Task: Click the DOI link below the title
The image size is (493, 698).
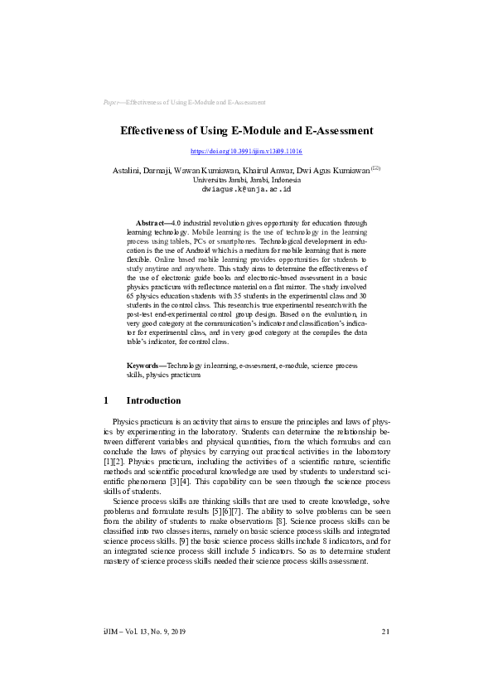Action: (246, 153)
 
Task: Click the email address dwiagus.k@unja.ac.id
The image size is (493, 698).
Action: (246, 189)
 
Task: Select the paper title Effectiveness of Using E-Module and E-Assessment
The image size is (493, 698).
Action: (246, 131)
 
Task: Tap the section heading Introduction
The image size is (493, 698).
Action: (153, 400)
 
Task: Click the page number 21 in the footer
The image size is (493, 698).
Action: (385, 632)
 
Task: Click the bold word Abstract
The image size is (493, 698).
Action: (150, 224)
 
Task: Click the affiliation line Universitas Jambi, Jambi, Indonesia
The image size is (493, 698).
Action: (246, 180)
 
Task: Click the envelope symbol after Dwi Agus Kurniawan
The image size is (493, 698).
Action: (375, 167)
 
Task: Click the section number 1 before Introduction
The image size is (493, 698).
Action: (107, 400)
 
